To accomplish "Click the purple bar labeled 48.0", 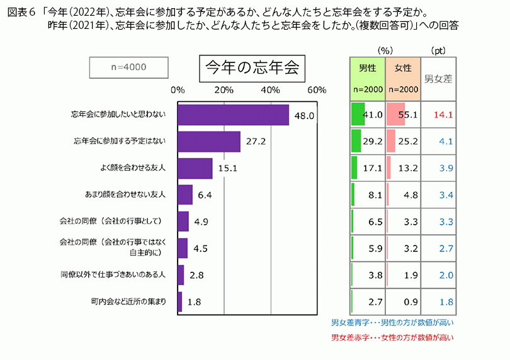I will click(x=233, y=115).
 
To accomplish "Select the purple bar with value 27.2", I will click(x=209, y=142).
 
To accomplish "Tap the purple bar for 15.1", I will click(x=195, y=169).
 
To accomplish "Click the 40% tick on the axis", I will click(x=270, y=89).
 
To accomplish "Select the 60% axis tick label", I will click(x=317, y=89).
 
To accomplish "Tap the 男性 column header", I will click(x=368, y=68).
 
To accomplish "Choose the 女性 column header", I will click(x=403, y=68).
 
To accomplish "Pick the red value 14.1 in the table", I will click(x=443, y=115).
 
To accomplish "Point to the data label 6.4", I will click(x=205, y=195).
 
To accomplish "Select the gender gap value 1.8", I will click(x=446, y=301).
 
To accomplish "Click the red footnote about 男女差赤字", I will click(x=393, y=337).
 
